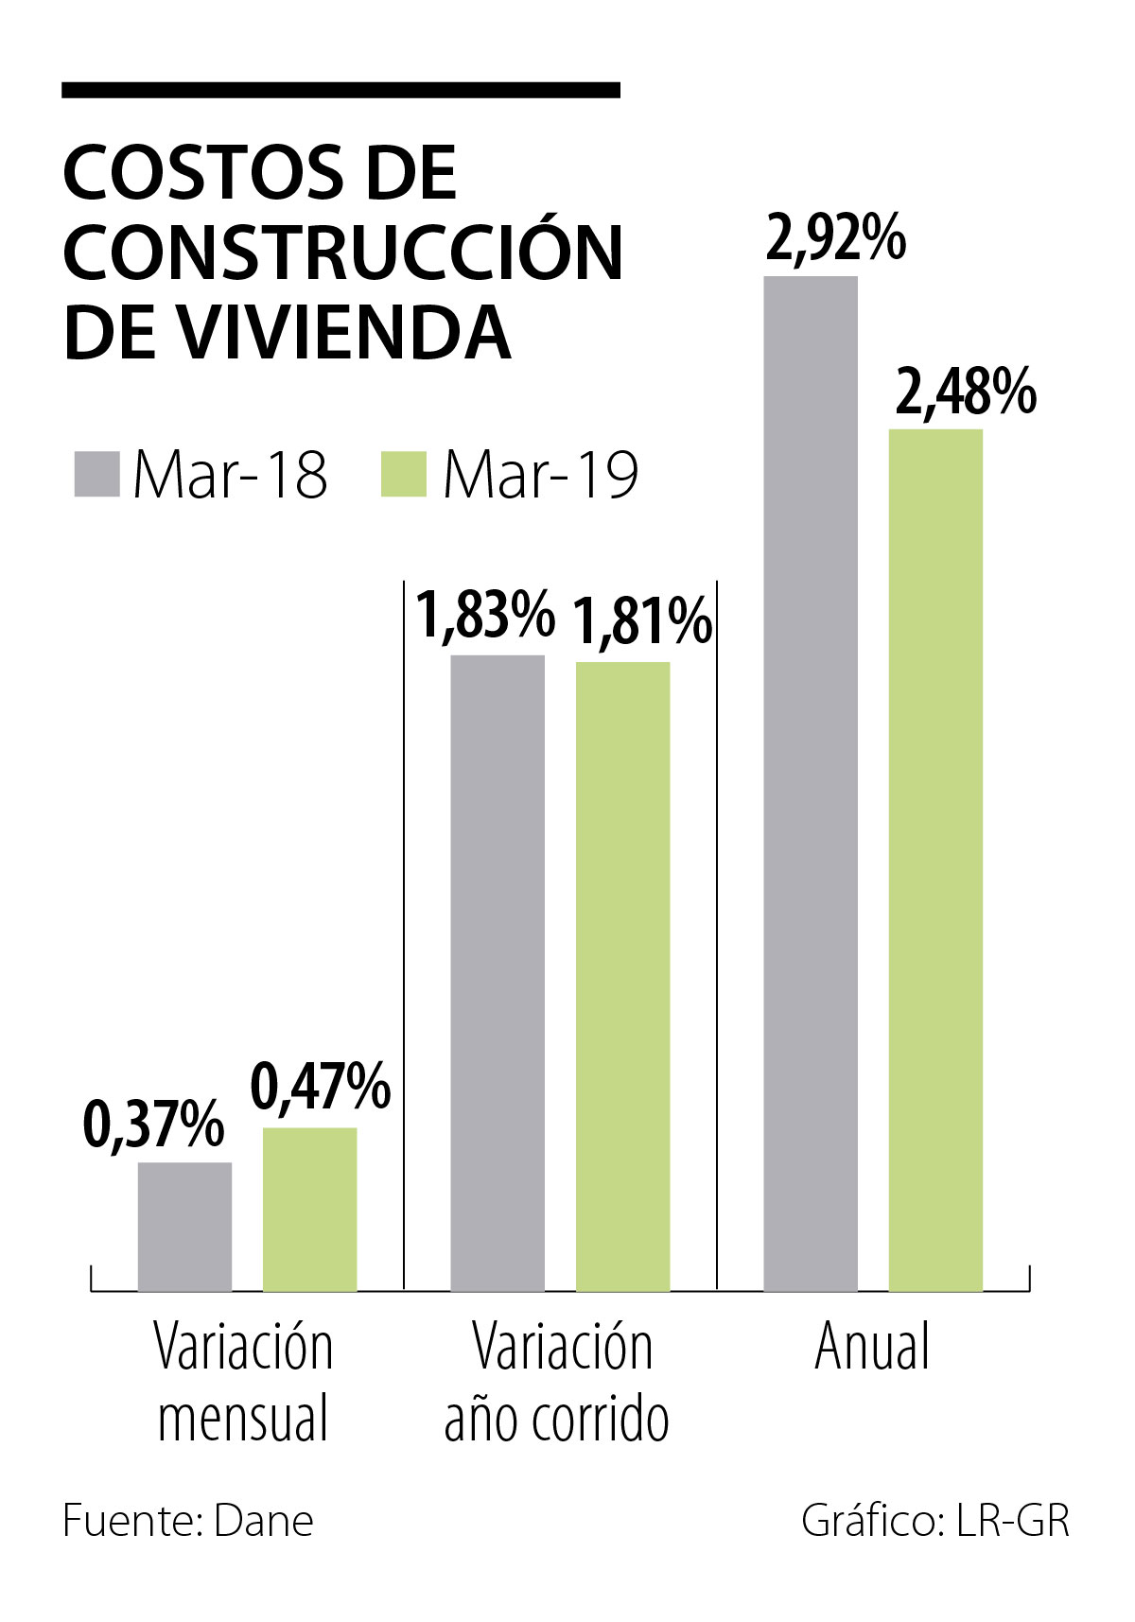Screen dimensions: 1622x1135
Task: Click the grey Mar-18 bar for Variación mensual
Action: [184, 1226]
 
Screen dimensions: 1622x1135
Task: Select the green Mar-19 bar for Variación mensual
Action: [309, 1209]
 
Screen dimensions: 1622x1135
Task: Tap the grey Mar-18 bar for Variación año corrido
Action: [498, 972]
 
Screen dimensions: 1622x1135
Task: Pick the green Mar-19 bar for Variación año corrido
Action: [622, 976]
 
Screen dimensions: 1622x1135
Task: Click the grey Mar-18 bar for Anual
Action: [811, 783]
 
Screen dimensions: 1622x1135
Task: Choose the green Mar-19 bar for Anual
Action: [935, 860]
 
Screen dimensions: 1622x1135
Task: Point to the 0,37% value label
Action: [154, 1125]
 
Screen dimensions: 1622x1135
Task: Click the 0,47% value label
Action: [321, 1087]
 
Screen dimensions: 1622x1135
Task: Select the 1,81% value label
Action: [642, 621]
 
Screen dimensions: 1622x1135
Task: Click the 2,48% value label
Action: [966, 392]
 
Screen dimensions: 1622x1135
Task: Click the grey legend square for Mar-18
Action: [96, 474]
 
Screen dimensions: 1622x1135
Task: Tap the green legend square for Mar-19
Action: [404, 474]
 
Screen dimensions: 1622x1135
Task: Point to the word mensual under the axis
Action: [243, 1418]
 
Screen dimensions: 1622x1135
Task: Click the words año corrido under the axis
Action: [557, 1418]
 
